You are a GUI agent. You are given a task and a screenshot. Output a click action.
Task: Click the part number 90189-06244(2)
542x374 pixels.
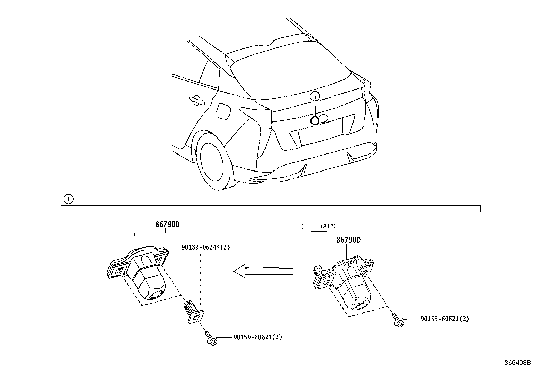point(205,247)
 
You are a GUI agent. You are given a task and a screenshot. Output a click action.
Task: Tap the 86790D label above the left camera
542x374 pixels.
point(167,224)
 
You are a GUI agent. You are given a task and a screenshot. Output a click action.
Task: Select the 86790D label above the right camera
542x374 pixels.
point(348,240)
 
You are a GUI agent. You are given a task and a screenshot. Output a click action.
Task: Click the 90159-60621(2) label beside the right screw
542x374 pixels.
point(445,319)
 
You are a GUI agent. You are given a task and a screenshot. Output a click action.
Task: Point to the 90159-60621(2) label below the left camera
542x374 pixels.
point(257,337)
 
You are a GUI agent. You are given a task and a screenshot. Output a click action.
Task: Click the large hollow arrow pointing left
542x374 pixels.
point(263,271)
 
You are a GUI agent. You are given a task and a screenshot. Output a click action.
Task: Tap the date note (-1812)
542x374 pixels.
point(318,226)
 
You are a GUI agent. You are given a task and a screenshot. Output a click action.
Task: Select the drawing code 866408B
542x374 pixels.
point(517,363)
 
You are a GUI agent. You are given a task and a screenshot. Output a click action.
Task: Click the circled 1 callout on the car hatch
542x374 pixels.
point(315,97)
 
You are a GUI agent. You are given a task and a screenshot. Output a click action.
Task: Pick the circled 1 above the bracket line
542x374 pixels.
point(68,199)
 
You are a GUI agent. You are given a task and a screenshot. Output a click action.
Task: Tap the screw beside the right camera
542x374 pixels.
point(398,320)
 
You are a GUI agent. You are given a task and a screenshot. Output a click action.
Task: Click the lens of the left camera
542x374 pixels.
point(157,295)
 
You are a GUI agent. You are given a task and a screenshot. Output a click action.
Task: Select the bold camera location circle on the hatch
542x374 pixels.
point(315,120)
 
